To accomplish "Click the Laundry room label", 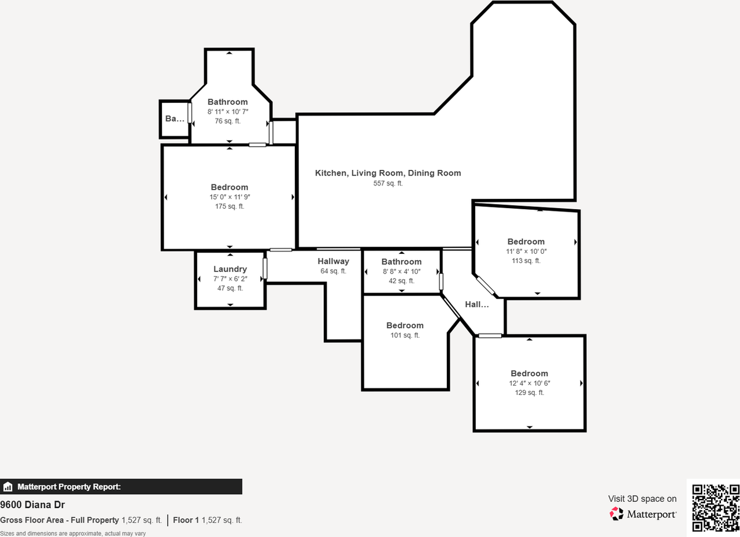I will coord(230,269).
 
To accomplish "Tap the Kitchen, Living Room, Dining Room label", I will coord(388,173).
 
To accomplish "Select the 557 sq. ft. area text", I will coord(388,183).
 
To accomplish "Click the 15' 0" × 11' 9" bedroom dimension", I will coord(230,197).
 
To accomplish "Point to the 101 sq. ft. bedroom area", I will coord(405,335).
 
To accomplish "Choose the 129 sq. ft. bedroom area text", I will coord(529,392).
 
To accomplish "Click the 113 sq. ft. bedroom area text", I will coord(526,261).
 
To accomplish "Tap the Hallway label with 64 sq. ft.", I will coord(333,261).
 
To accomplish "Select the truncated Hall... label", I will coord(477,304).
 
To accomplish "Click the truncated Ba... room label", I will coord(175,118).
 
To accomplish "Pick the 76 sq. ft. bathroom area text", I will coord(228,121).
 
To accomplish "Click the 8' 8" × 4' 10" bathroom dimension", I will coord(401,271).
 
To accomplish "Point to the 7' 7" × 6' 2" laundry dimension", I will coord(230,279).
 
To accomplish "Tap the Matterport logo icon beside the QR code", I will coord(617,513).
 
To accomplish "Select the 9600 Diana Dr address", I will coord(32,505).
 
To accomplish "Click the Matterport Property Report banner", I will coord(121,487).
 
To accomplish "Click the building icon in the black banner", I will coord(8,487).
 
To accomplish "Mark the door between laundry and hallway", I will coord(265,269).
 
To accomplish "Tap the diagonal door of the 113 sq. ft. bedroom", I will coord(486,286).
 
